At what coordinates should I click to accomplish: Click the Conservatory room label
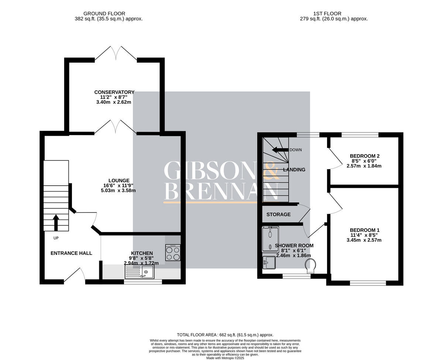114,92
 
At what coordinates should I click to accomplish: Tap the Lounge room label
119,180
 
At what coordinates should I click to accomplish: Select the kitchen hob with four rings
173,253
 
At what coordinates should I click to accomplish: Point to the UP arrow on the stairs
56,222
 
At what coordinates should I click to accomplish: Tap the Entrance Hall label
71,253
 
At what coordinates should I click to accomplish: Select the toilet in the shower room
310,266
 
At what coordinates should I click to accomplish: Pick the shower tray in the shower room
271,240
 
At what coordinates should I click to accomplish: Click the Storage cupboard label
278,214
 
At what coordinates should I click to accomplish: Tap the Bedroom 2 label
364,156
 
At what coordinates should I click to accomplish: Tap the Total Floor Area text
225,335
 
